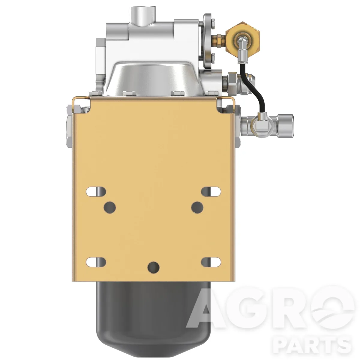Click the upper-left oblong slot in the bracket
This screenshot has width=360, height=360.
click(96, 192)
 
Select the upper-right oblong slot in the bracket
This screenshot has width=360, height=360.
click(211, 192)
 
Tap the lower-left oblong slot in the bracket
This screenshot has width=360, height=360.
click(96, 262)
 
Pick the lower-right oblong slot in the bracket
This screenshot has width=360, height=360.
click(211, 262)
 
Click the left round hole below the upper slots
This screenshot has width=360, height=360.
click(110, 207)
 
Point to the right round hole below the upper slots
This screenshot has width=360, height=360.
click(197, 207)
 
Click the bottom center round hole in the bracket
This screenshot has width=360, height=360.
click(153, 268)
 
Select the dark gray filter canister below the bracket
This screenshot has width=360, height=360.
click(153, 318)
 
